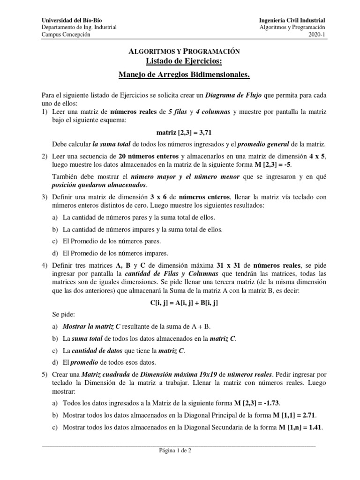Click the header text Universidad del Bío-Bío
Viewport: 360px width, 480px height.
pyautogui.click(x=72, y=20)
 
